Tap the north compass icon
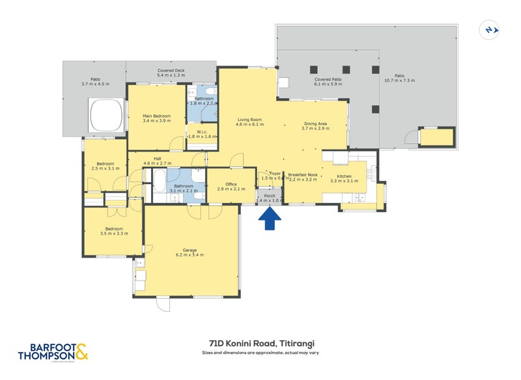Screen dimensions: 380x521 coord(489,30)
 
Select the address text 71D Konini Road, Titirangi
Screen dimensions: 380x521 coord(261,344)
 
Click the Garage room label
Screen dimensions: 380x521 coord(190,252)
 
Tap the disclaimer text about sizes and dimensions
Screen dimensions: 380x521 coord(261,353)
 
